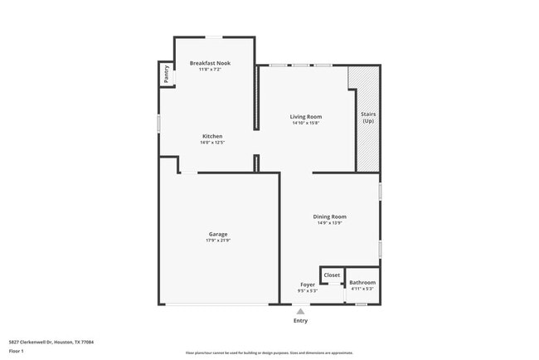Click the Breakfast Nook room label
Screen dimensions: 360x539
coord(210,63)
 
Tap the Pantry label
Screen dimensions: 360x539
coord(167,73)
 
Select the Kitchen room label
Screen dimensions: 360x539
coord(212,136)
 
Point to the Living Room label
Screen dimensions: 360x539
coord(305,117)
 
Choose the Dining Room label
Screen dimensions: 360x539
coord(329,216)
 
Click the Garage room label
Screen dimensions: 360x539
coord(218,234)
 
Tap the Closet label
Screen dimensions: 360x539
coord(332,275)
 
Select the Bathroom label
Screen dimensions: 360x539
coord(362,283)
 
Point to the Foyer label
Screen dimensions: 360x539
coord(307,285)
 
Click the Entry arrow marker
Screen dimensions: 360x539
coord(300,311)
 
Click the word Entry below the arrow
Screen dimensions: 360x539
coord(300,320)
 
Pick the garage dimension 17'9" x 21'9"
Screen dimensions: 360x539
coord(218,241)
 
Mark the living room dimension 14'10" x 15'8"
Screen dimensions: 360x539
coord(305,124)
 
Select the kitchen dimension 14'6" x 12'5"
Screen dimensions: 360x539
coord(212,143)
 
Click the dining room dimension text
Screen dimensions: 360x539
coord(329,223)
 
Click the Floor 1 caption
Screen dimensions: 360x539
coord(17,352)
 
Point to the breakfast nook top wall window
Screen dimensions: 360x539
coord(214,36)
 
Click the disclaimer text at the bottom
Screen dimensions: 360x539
coord(269,353)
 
